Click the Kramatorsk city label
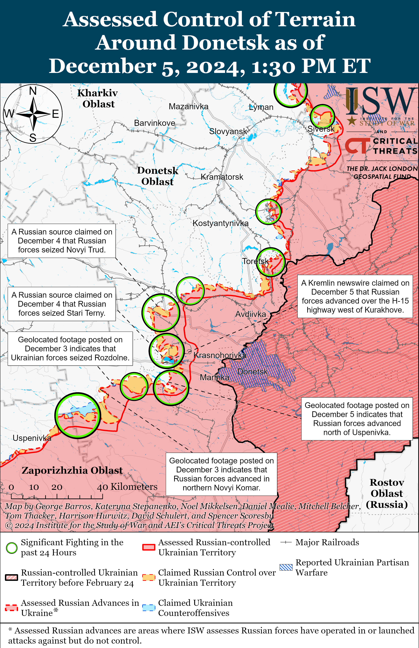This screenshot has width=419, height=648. click(222, 177)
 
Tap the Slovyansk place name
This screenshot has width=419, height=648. click(228, 131)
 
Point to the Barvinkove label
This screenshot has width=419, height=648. click(155, 123)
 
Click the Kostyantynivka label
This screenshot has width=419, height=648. click(220, 223)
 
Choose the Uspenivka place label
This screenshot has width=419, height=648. click(32, 438)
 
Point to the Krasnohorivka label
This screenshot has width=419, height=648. click(220, 355)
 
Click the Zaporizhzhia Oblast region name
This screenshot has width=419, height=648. click(72, 470)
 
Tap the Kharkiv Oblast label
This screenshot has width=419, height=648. click(98, 98)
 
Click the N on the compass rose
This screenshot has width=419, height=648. click(33, 91)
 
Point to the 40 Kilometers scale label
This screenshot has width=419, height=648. click(127, 487)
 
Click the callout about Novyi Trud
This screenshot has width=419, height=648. click(62, 241)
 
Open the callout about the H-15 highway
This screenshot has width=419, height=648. click(355, 296)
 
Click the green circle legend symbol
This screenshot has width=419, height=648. click(12, 548)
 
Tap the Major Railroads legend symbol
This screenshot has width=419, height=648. click(286, 542)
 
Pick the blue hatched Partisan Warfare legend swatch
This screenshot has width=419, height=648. click(286, 567)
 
